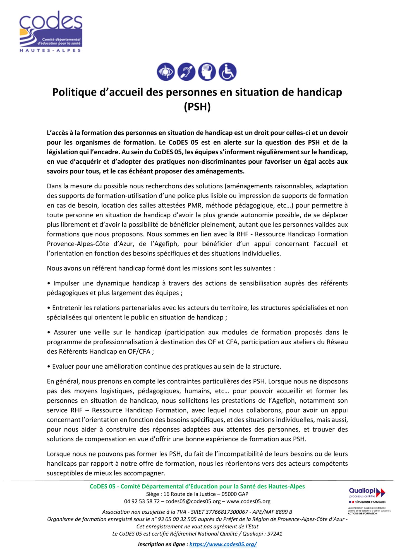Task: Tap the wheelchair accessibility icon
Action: (228, 72)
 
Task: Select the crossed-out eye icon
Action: (166, 72)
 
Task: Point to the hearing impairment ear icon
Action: (186, 72)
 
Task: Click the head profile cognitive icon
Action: (207, 72)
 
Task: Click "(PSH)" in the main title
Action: (197, 107)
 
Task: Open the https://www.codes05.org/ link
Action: (223, 544)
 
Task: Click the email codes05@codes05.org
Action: (193, 501)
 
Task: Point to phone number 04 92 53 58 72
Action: (142, 501)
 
